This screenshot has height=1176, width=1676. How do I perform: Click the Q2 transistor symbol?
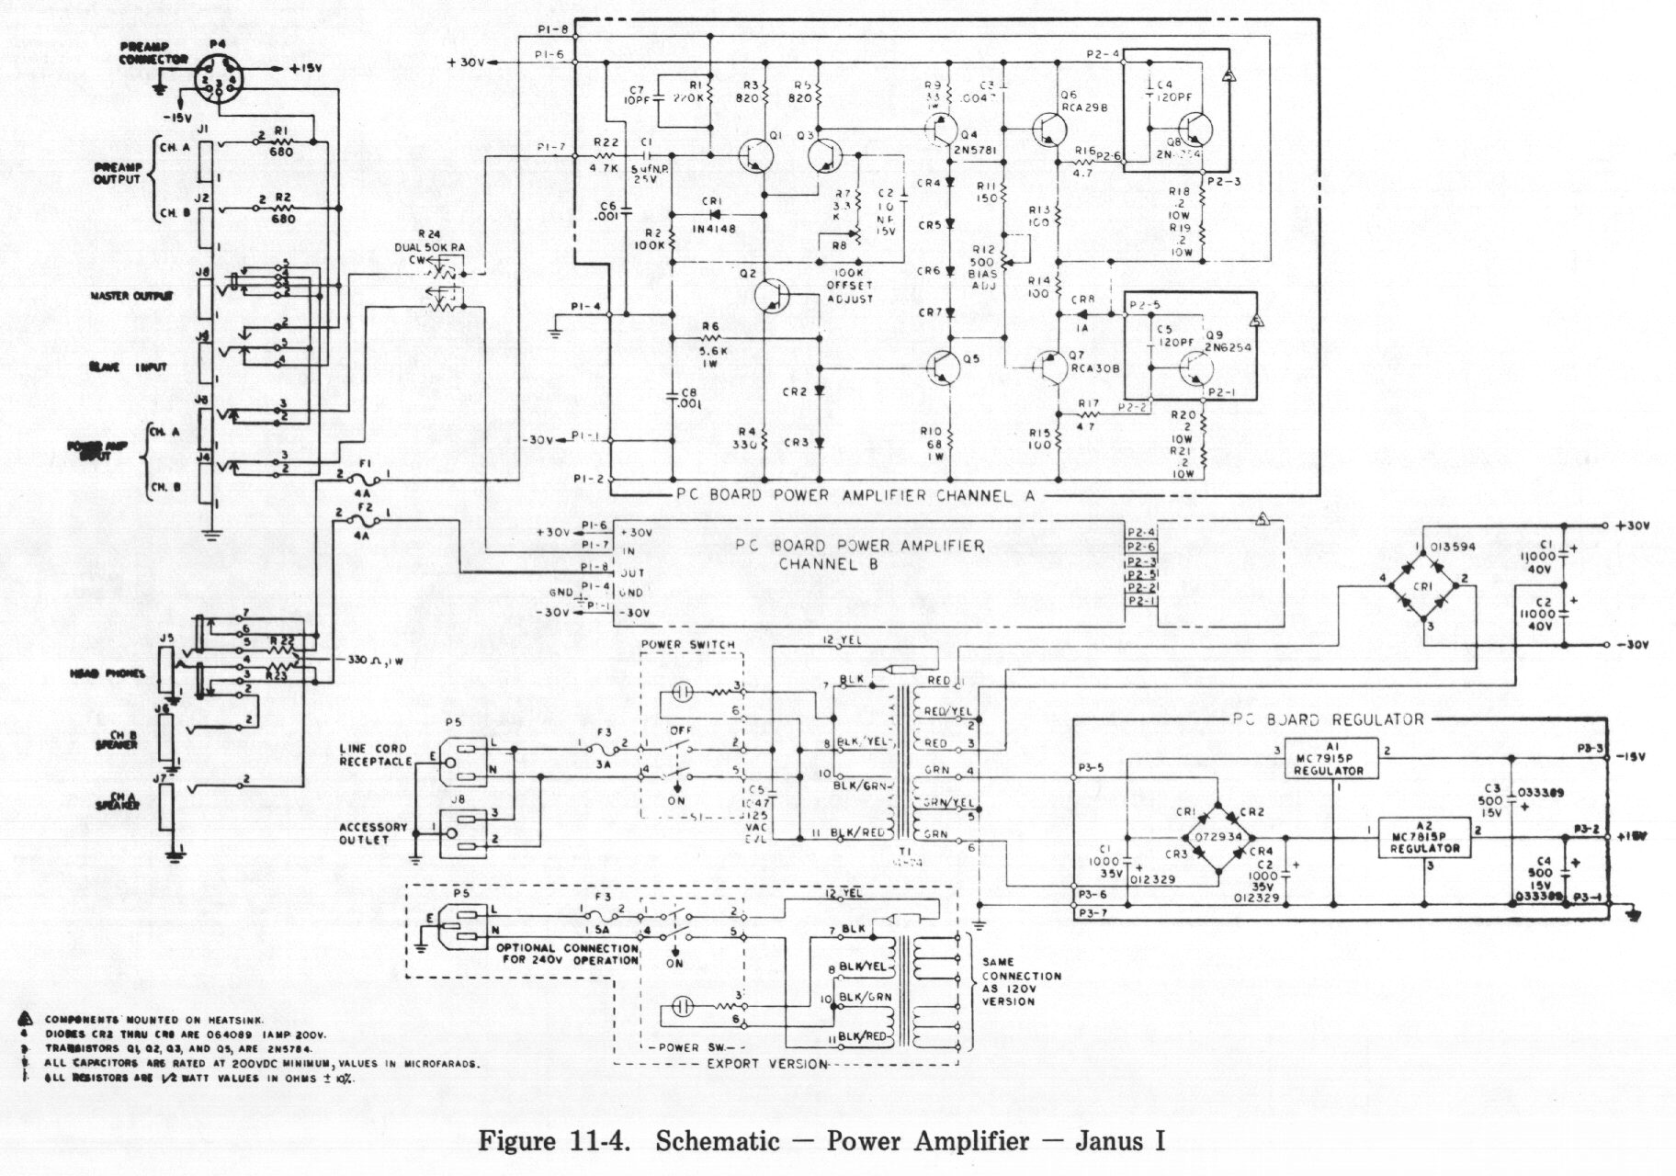click(x=771, y=295)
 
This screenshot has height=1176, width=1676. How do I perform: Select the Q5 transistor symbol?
click(x=944, y=367)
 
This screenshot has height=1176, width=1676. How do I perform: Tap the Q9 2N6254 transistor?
click(x=1195, y=367)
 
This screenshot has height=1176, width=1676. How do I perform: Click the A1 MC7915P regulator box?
click(x=1331, y=758)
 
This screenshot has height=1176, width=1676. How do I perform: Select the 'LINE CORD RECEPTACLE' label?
click(x=376, y=754)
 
